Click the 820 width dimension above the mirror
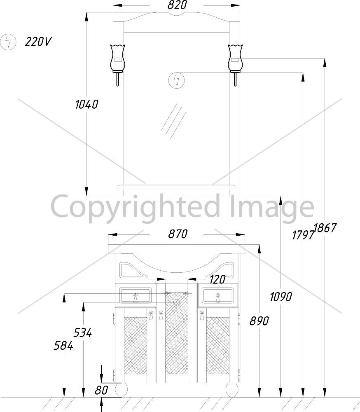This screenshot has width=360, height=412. [x=178, y=5]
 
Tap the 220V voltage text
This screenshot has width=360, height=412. [x=38, y=42]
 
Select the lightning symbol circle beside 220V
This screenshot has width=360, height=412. [x=8, y=42]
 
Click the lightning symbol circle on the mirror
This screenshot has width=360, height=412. [x=177, y=80]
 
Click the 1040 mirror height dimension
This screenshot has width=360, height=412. [x=86, y=104]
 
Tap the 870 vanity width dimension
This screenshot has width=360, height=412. [x=178, y=234]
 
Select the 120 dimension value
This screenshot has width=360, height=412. [x=217, y=279]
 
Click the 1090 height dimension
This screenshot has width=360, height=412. [x=281, y=297]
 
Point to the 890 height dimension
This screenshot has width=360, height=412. [x=259, y=321]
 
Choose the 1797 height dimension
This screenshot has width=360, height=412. [x=303, y=235]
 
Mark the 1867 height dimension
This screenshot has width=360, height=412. [x=325, y=228]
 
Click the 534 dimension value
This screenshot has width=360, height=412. [x=82, y=332]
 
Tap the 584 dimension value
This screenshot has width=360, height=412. [x=63, y=345]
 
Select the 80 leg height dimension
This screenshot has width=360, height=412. [x=101, y=390]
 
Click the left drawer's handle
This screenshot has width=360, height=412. [x=136, y=298]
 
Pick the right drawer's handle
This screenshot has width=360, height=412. [x=217, y=298]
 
